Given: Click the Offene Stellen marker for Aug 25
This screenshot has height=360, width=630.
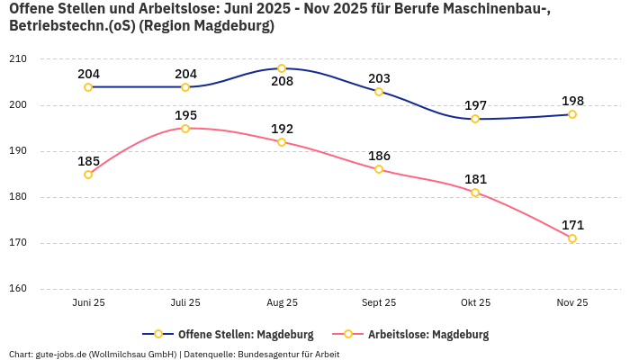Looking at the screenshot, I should point(282,68).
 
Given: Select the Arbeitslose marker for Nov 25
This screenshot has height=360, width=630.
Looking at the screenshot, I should point(571,238).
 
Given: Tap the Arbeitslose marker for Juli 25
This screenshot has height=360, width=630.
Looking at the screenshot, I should point(185,129).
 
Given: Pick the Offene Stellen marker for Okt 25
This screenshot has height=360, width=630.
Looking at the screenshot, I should point(475,119).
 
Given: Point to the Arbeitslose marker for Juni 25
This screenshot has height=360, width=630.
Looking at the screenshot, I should point(88,175).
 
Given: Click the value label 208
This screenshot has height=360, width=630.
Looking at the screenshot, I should point(282,82).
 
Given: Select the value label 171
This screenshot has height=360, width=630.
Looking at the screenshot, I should point(571,225).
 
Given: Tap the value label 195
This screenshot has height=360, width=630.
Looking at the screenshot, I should point(185,115).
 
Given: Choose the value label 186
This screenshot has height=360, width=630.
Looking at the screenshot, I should point(379,157).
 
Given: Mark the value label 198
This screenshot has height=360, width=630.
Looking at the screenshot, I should point(571,101).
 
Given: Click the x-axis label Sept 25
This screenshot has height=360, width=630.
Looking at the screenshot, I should point(379,303).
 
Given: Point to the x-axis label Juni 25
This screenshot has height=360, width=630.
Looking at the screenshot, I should point(88,303).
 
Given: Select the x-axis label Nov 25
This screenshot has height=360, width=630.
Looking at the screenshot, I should point(571,303).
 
